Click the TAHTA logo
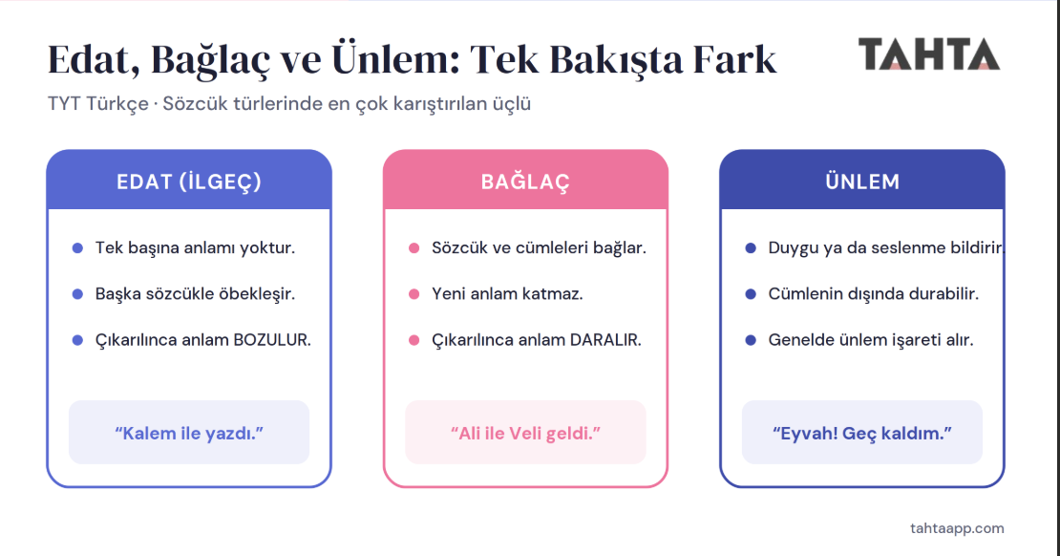tap(929, 54)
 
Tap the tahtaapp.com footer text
tap(957, 528)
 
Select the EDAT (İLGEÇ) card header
tap(189, 181)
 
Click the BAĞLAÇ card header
tap(525, 181)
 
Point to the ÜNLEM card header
tap(862, 181)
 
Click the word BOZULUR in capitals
tap(272, 339)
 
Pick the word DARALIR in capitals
tap(605, 339)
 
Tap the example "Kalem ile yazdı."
tap(189, 433)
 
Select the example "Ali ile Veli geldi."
tap(525, 433)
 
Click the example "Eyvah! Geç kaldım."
tap(862, 433)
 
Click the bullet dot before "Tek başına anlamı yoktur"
tap(77, 248)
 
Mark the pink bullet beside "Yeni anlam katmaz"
tap(414, 294)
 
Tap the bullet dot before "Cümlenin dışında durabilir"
tap(751, 294)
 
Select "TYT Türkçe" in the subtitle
tap(98, 104)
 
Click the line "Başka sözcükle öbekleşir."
tap(195, 294)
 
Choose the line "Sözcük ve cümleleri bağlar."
tap(539, 248)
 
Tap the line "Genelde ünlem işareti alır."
tap(871, 339)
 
